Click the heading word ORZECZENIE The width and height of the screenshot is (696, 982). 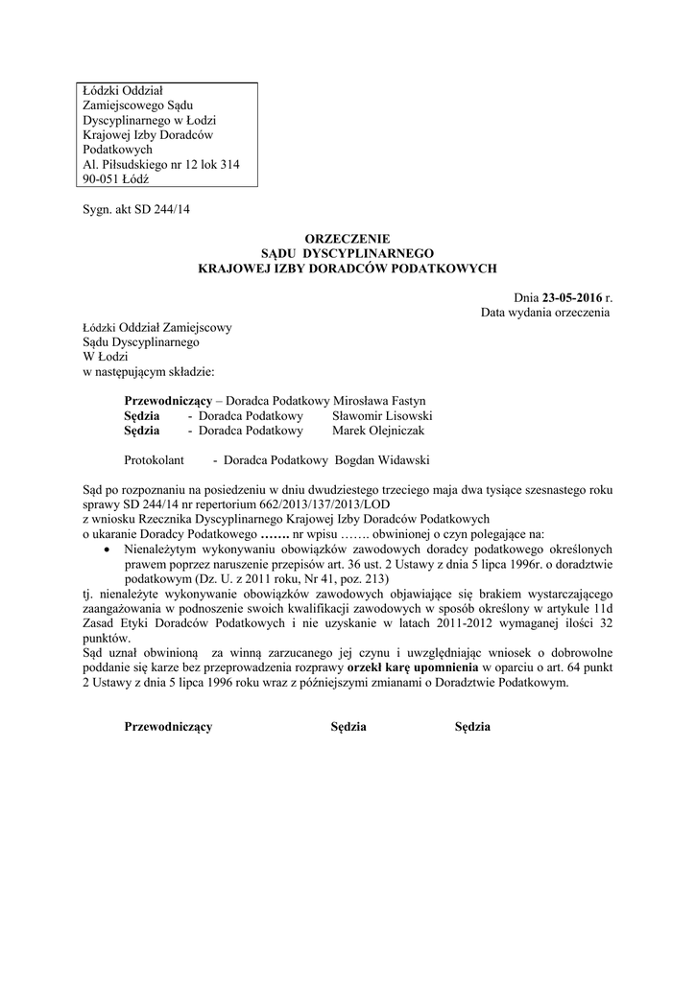tap(348, 237)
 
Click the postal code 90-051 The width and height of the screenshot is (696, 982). tap(102, 178)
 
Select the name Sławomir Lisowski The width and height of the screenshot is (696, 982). tap(382, 416)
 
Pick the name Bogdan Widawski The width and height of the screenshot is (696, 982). tap(382, 460)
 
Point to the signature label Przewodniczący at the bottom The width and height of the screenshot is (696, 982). tap(168, 727)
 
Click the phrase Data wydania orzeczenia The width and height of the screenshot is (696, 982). tap(545, 313)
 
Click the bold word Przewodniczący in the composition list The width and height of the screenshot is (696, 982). tap(168, 401)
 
